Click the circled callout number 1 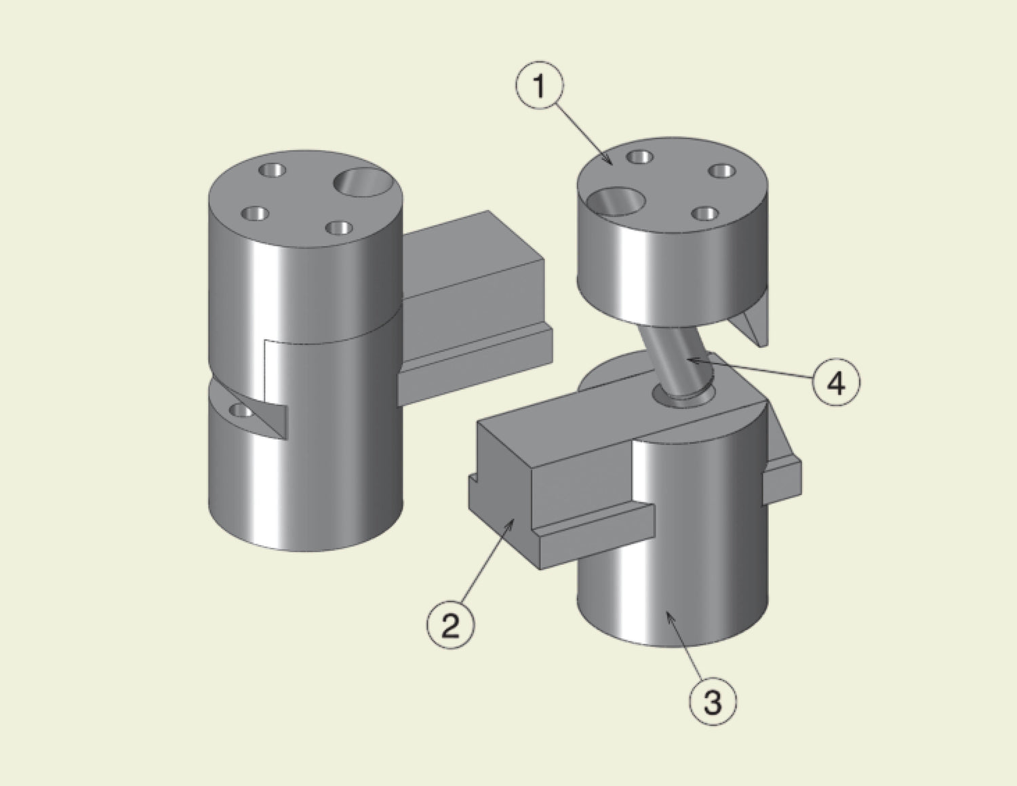540,86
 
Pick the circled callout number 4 837,383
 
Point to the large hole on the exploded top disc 616,202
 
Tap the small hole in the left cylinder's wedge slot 241,412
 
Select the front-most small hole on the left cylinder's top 339,229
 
